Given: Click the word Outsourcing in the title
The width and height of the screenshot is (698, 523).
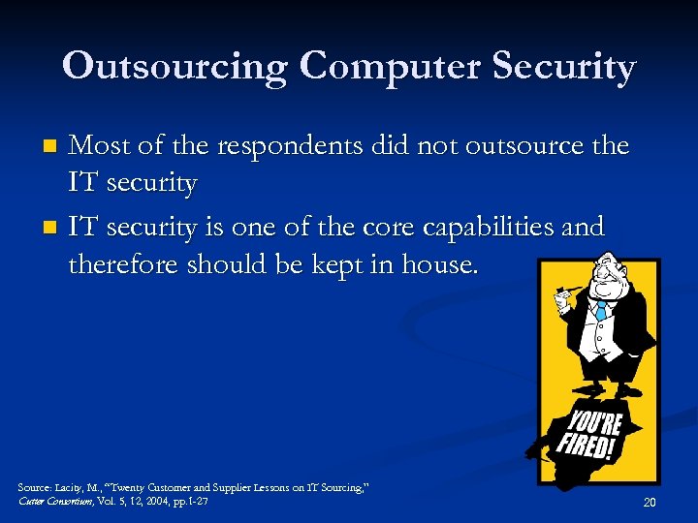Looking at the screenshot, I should (175, 66).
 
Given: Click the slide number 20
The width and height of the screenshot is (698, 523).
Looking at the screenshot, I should (650, 502).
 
